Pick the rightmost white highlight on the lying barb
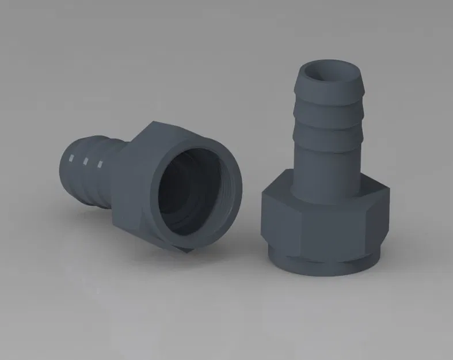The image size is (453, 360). (100, 166)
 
